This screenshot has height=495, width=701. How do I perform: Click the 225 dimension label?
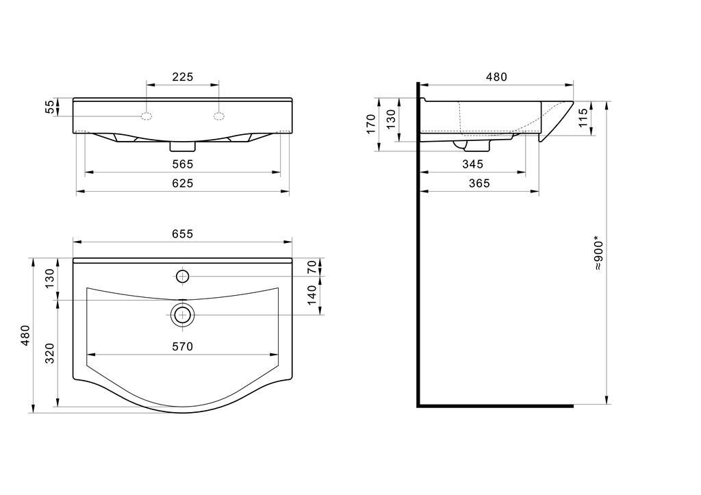point(183,77)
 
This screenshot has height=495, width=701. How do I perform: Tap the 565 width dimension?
point(183,164)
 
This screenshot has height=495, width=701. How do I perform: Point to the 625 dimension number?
point(183,183)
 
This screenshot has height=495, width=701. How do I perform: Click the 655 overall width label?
point(183,234)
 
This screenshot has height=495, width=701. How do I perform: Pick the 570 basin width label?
point(183,346)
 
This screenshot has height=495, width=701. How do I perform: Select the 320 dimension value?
point(50,353)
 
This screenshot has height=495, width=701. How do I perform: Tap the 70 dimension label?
point(312,267)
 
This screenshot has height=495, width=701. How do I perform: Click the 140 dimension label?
point(312,294)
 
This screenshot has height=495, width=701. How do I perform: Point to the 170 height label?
point(371,124)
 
